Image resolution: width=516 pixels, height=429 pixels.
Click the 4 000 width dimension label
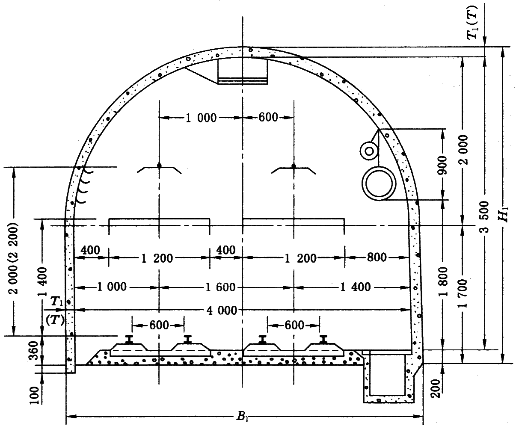click(x=222, y=311)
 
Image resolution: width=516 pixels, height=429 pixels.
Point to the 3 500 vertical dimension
click(x=485, y=217)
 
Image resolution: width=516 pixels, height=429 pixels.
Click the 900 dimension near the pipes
click(x=442, y=165)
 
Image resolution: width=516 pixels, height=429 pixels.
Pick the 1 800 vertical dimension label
click(x=444, y=281)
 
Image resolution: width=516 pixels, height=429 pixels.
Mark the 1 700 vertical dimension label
click(x=463, y=293)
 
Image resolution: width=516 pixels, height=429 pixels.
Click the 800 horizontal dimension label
click(x=377, y=257)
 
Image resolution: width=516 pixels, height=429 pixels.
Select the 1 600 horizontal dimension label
click(x=220, y=287)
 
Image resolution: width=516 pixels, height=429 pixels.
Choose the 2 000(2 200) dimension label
click(x=13, y=258)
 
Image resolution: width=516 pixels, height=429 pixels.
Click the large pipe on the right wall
click(x=379, y=183)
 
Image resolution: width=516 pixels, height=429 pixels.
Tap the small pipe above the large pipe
click(x=369, y=151)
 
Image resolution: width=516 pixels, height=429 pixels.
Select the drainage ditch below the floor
click(x=388, y=377)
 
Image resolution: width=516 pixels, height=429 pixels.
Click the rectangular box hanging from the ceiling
click(x=243, y=71)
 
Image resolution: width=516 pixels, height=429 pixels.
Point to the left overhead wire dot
click(x=160, y=166)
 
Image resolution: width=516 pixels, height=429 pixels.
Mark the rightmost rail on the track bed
click(x=323, y=339)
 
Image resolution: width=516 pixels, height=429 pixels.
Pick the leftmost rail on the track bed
click(x=129, y=340)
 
